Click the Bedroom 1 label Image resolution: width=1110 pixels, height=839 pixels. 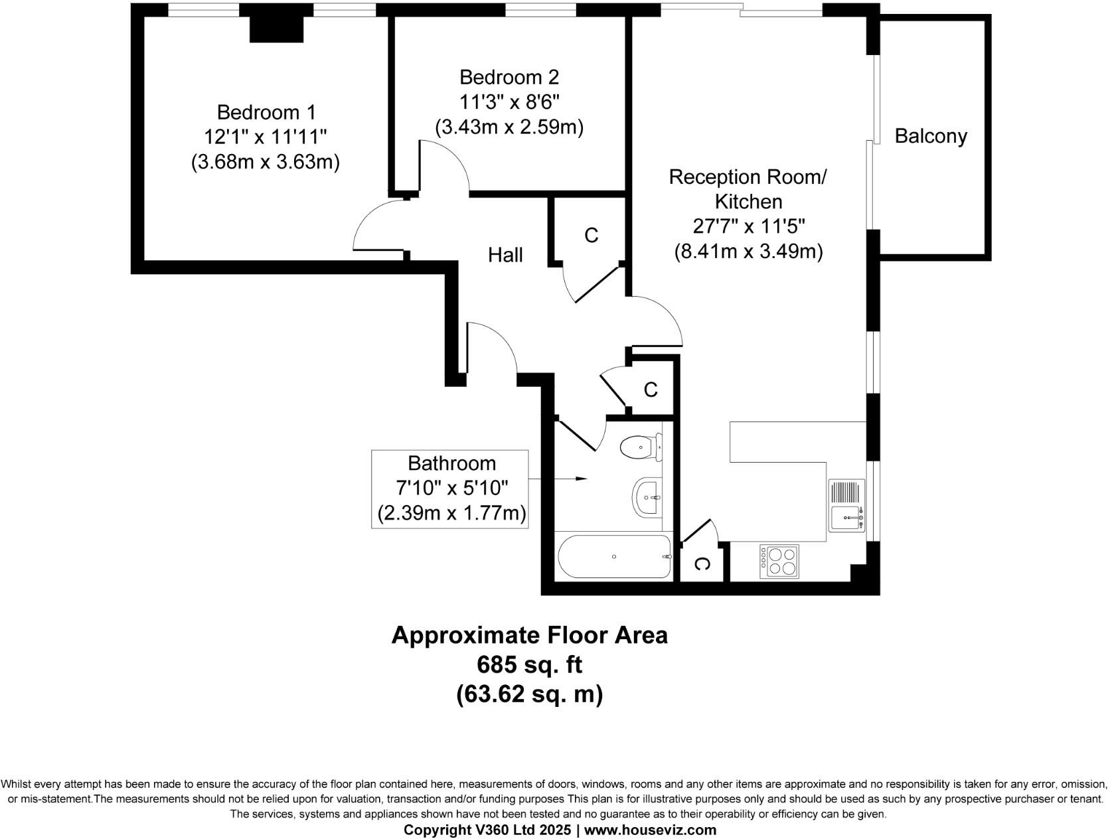[266, 112]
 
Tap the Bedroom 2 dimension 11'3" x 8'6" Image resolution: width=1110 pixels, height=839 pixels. [509, 102]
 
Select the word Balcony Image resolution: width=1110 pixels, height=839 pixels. [930, 136]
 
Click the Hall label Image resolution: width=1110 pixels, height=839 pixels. [505, 255]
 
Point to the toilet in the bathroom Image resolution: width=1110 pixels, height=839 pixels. [641, 447]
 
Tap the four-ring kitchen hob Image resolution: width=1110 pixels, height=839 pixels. [779, 561]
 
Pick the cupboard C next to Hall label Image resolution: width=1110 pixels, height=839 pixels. [591, 235]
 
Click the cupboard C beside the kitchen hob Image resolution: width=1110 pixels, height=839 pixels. [702, 564]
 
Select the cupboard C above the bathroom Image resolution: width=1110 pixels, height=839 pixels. [651, 390]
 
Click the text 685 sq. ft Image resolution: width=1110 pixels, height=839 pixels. [529, 664]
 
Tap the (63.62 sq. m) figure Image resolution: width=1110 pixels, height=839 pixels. [529, 694]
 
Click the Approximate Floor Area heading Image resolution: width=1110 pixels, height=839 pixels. [529, 635]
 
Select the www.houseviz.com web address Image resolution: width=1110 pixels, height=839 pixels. [650, 830]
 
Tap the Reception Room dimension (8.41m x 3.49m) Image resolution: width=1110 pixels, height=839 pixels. [748, 252]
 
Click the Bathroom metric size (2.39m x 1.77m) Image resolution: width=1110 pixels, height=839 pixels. [451, 513]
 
